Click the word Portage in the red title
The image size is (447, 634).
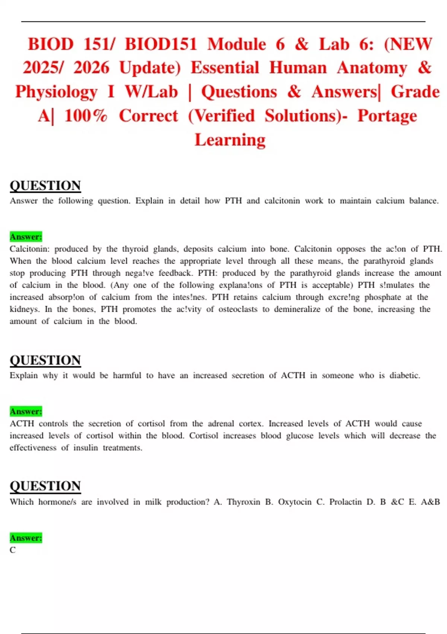(x=387, y=116)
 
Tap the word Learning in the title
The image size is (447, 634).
(x=230, y=140)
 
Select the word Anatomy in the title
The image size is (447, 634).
(x=372, y=68)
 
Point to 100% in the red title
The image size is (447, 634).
(x=86, y=116)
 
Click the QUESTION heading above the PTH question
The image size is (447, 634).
(x=45, y=185)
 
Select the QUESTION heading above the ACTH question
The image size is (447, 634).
(x=45, y=360)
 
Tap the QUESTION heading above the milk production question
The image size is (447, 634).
(x=45, y=486)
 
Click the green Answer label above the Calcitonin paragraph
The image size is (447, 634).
(x=26, y=237)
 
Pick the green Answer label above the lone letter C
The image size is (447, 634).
(x=26, y=538)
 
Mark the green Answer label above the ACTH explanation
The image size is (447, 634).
(x=26, y=411)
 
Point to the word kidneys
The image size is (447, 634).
(x=24, y=309)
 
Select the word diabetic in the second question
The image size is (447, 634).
(x=405, y=376)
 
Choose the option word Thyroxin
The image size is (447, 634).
(x=243, y=502)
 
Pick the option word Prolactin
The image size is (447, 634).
(x=345, y=502)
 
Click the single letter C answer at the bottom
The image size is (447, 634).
(x=13, y=550)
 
